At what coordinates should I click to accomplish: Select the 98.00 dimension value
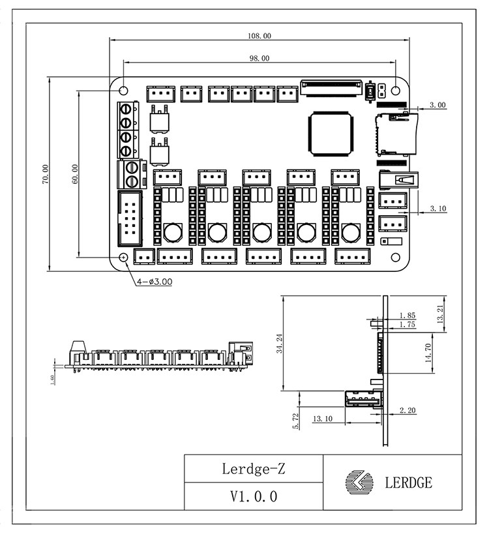(x=259, y=58)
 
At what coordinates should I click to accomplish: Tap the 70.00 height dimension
(x=46, y=174)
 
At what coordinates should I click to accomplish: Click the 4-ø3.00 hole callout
(x=154, y=282)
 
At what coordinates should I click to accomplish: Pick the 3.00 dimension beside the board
(x=437, y=104)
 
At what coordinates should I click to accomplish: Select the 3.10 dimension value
(x=438, y=209)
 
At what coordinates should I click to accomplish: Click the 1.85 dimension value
(x=406, y=316)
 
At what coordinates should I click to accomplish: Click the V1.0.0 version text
(x=254, y=496)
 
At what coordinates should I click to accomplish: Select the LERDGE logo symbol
(x=359, y=483)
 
